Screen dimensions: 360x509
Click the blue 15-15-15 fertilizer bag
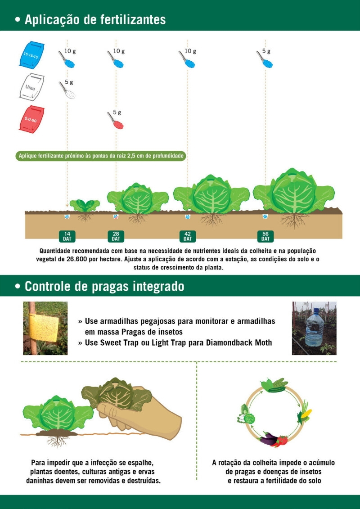[x=32, y=54]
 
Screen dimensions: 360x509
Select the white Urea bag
[x=32, y=87]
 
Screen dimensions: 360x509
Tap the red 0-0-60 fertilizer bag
[x=32, y=119]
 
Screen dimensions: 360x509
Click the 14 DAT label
[x=67, y=236]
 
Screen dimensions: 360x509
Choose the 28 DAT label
[x=116, y=236]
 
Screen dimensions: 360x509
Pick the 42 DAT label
[x=188, y=236]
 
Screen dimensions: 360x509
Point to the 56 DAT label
[x=265, y=236]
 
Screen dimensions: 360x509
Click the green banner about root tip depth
[x=101, y=156]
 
